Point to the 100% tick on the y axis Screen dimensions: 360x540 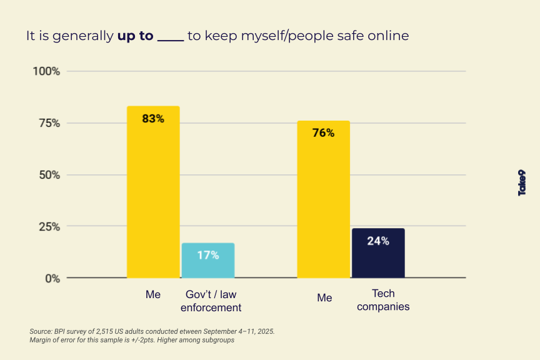(46, 71)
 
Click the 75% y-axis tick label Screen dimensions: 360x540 (47, 123)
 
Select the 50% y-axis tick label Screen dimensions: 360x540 (47, 175)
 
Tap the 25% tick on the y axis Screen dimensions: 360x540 (47, 226)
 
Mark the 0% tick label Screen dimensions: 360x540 (51, 278)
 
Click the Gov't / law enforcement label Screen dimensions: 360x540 (211, 301)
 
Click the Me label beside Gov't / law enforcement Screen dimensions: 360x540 (153, 294)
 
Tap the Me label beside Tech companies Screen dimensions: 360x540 (324, 298)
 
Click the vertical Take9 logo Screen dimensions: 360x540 (522, 182)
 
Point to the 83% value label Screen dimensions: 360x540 (153, 119)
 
